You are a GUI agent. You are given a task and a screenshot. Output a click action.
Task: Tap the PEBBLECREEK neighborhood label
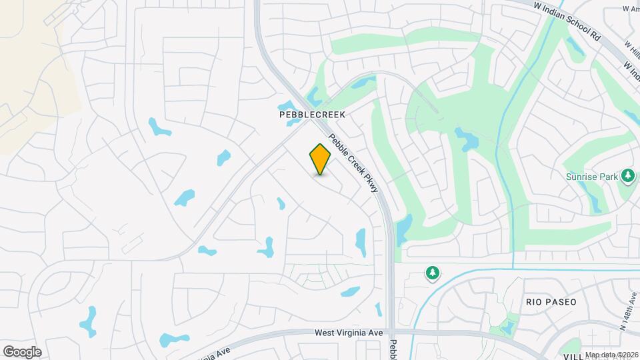(312, 115)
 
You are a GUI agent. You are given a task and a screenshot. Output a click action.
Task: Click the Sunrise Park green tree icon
(627, 176)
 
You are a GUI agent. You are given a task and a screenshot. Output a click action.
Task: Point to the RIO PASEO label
(550, 302)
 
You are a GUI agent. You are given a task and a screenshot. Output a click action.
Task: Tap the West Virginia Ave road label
(349, 333)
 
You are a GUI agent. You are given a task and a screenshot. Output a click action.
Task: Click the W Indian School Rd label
(567, 21)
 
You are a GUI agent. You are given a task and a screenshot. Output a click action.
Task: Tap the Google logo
(22, 351)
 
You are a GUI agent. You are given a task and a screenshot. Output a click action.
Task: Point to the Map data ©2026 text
(611, 354)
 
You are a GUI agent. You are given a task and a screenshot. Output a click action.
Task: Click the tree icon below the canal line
(433, 273)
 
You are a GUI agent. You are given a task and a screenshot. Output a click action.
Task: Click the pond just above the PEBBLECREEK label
(289, 106)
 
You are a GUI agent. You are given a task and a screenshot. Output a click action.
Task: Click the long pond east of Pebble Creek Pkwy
(403, 229)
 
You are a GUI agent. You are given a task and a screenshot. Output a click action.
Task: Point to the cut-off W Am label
(631, 8)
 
